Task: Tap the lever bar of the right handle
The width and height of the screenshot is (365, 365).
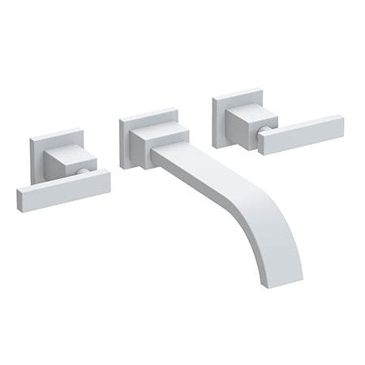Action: point(301,135)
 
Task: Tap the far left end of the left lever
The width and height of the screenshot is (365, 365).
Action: point(19,200)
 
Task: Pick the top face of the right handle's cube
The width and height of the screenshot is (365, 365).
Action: point(243,110)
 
